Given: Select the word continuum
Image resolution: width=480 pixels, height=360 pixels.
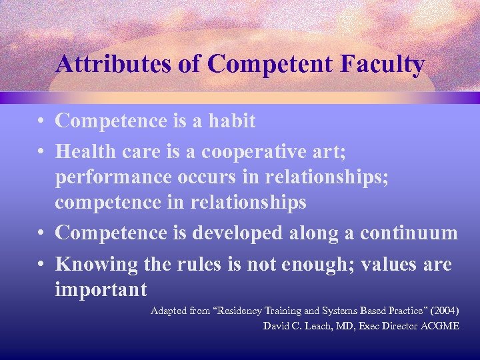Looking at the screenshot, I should point(409,233).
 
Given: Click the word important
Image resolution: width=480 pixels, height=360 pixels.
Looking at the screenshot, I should point(101,291).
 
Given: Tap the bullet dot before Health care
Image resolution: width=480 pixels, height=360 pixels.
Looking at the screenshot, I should point(41,153).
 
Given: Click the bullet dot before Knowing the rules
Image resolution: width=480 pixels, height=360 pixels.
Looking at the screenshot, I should point(41,265).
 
